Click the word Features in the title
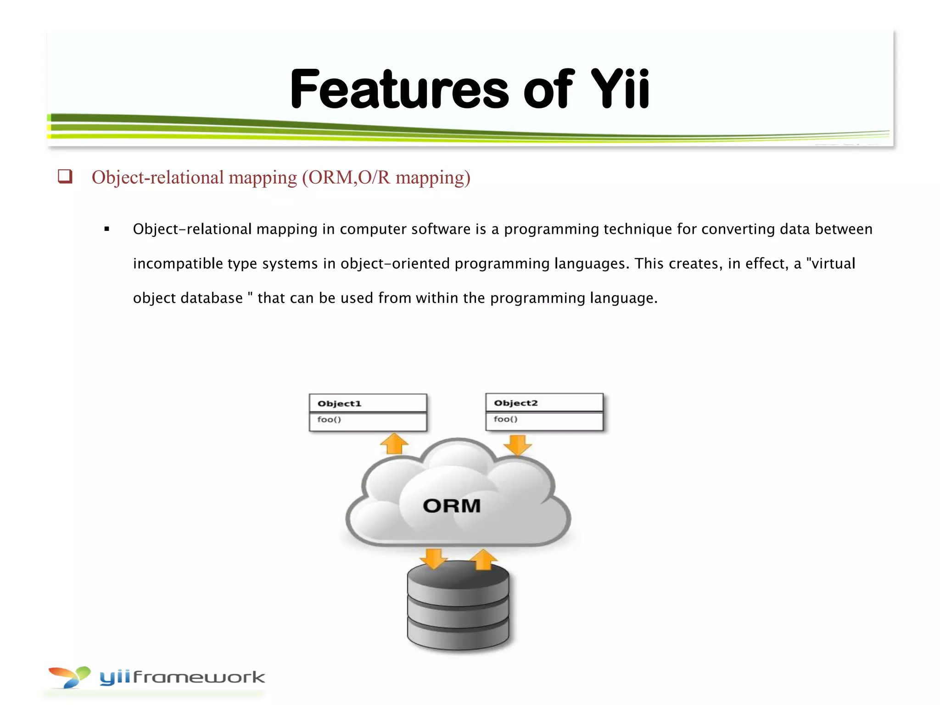pos(399,90)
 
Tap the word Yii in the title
pos(620,90)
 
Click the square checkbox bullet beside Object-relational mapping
pos(65,177)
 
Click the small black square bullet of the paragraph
pos(107,229)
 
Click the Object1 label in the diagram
pos(340,404)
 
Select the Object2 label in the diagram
pos(515,403)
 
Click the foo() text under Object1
pos(329,420)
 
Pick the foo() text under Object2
pos(505,419)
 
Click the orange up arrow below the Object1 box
pos(394,443)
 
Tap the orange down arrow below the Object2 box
pos(517,444)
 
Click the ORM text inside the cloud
pos(452,506)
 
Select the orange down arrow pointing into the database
pos(433,558)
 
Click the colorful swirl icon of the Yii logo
pos(70,677)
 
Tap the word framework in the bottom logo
pos(198,677)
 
